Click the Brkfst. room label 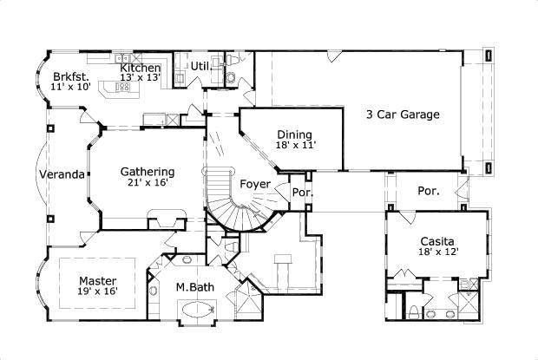coord(68,75)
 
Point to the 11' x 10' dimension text coord(70,88)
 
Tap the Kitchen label coord(140,68)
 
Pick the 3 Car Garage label coord(403,114)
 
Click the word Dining coord(294,134)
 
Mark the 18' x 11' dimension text coord(294,146)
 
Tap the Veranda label coord(62,174)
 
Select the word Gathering coord(147,171)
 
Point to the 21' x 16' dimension coord(147,183)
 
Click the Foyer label coord(254,184)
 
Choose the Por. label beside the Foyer coord(302,192)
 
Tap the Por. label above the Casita coord(428,190)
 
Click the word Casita coord(438,241)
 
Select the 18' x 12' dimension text coord(438,252)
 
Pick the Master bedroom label coord(98,281)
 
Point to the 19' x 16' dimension coord(98,292)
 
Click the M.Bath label coord(194,288)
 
